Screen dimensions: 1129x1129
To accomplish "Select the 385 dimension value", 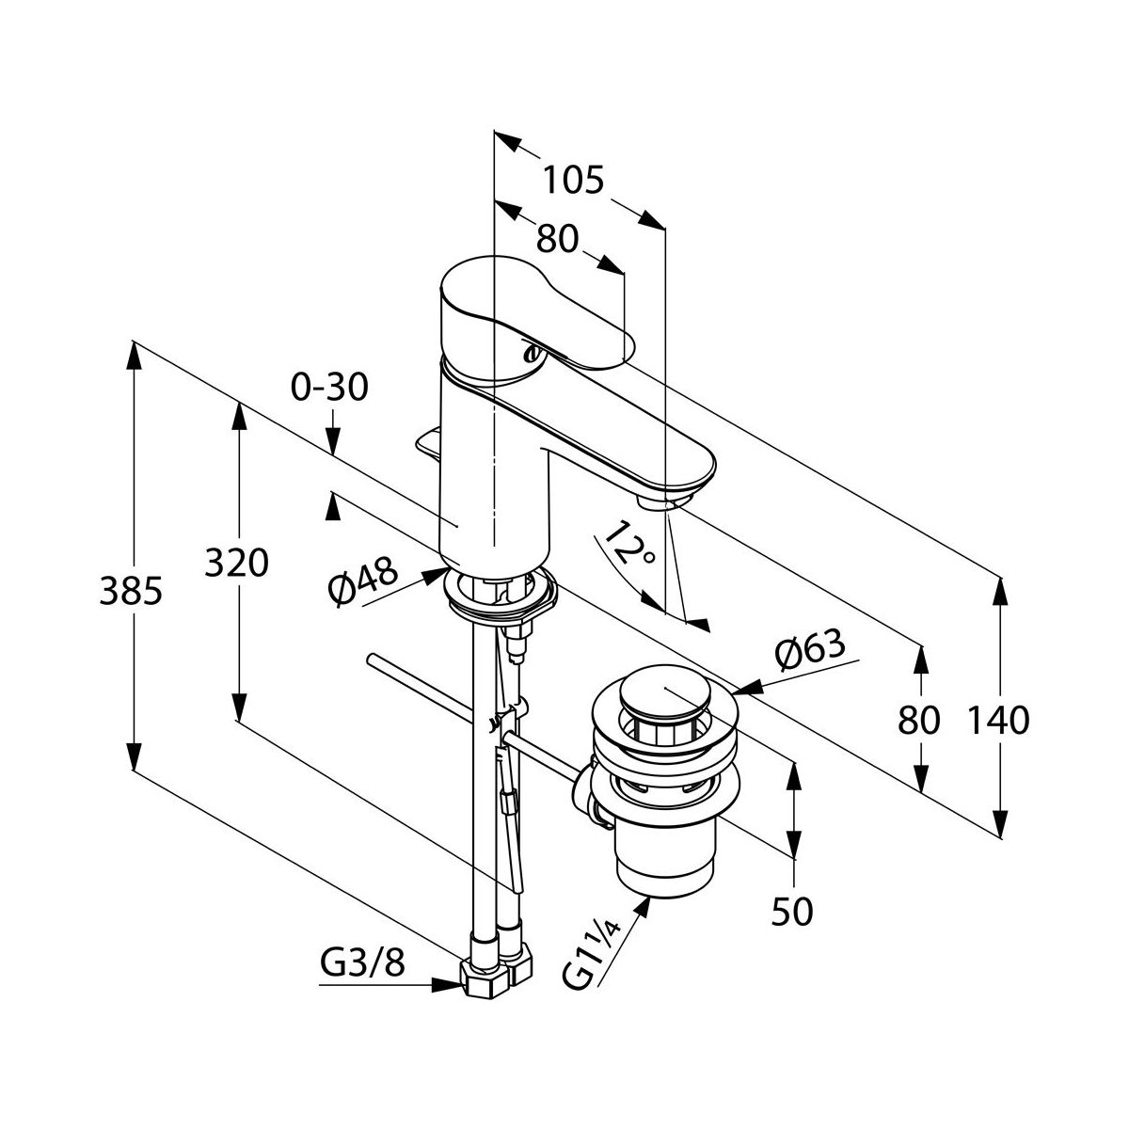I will click(132, 593).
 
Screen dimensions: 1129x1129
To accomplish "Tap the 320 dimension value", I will click(238, 564).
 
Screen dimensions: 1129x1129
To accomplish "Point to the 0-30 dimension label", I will click(329, 387).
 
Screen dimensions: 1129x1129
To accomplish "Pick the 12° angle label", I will click(630, 545).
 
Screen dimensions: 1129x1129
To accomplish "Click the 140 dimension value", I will click(999, 722).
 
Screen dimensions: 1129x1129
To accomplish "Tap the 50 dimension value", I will click(791, 910).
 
